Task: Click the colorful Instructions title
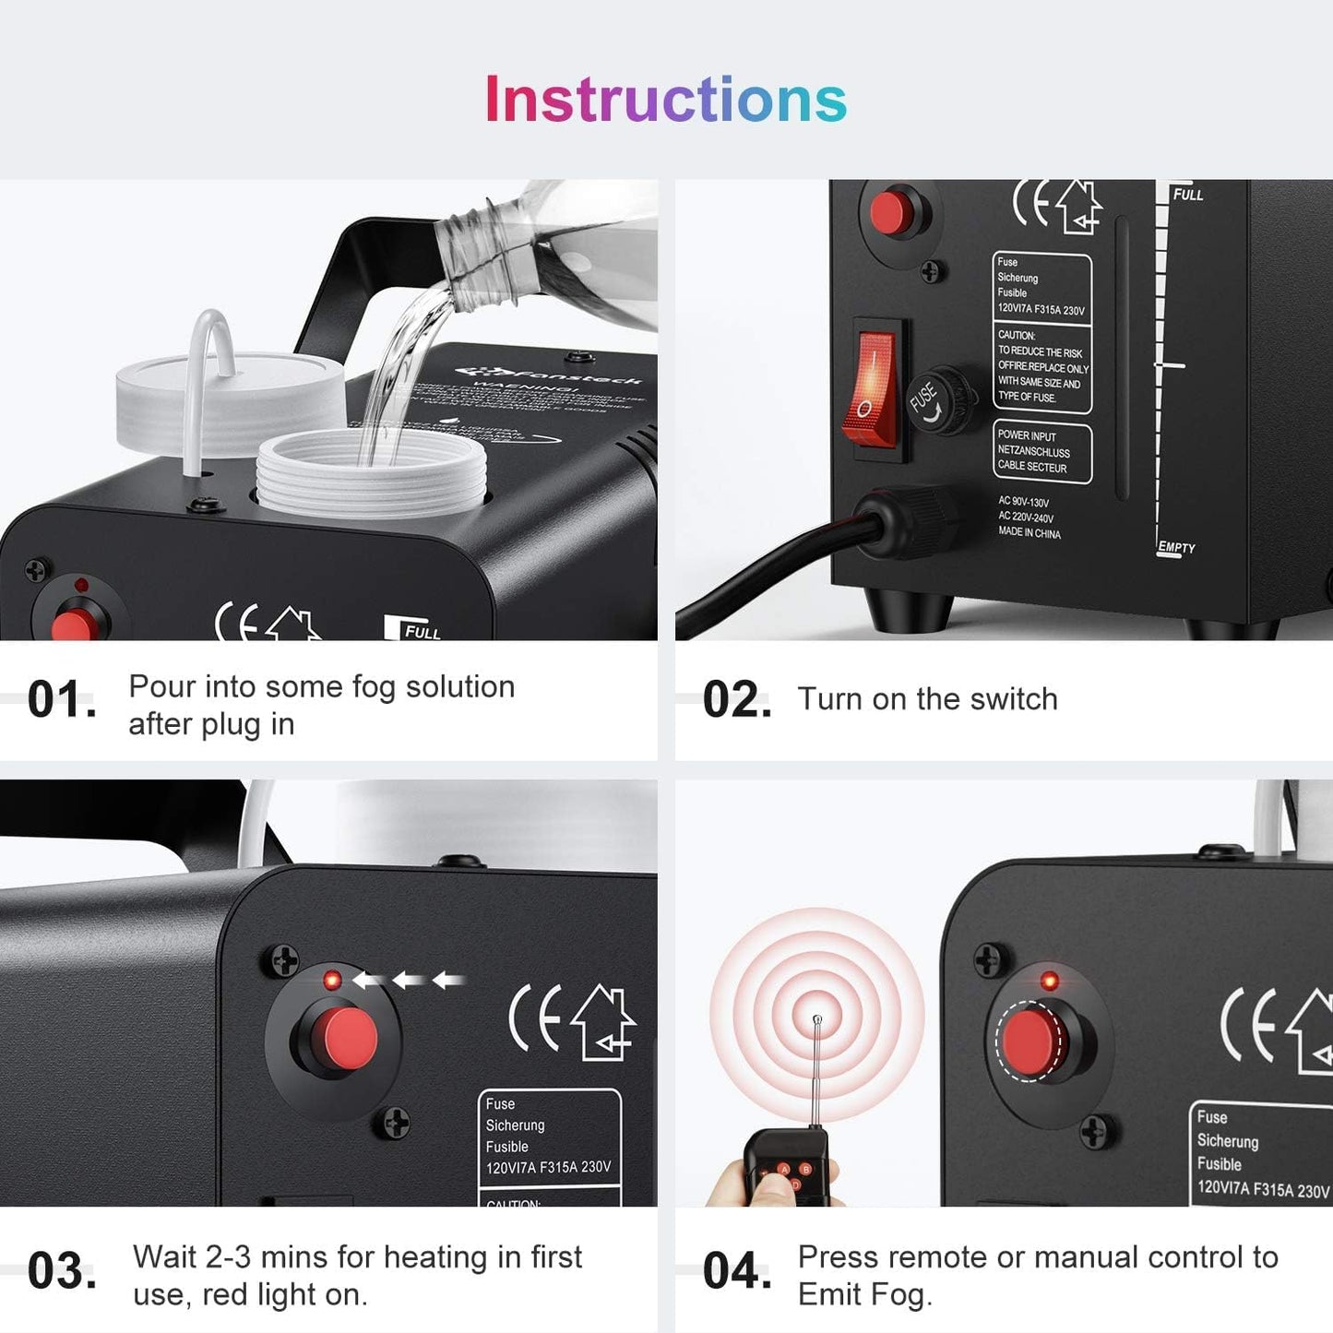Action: point(665,100)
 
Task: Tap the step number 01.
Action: point(61,700)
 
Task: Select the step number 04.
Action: point(736,1272)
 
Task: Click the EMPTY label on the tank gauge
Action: point(1176,547)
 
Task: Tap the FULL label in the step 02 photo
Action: point(1187,195)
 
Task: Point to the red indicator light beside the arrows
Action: point(332,980)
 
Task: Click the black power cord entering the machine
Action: point(793,563)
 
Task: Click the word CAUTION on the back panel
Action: point(1016,335)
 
